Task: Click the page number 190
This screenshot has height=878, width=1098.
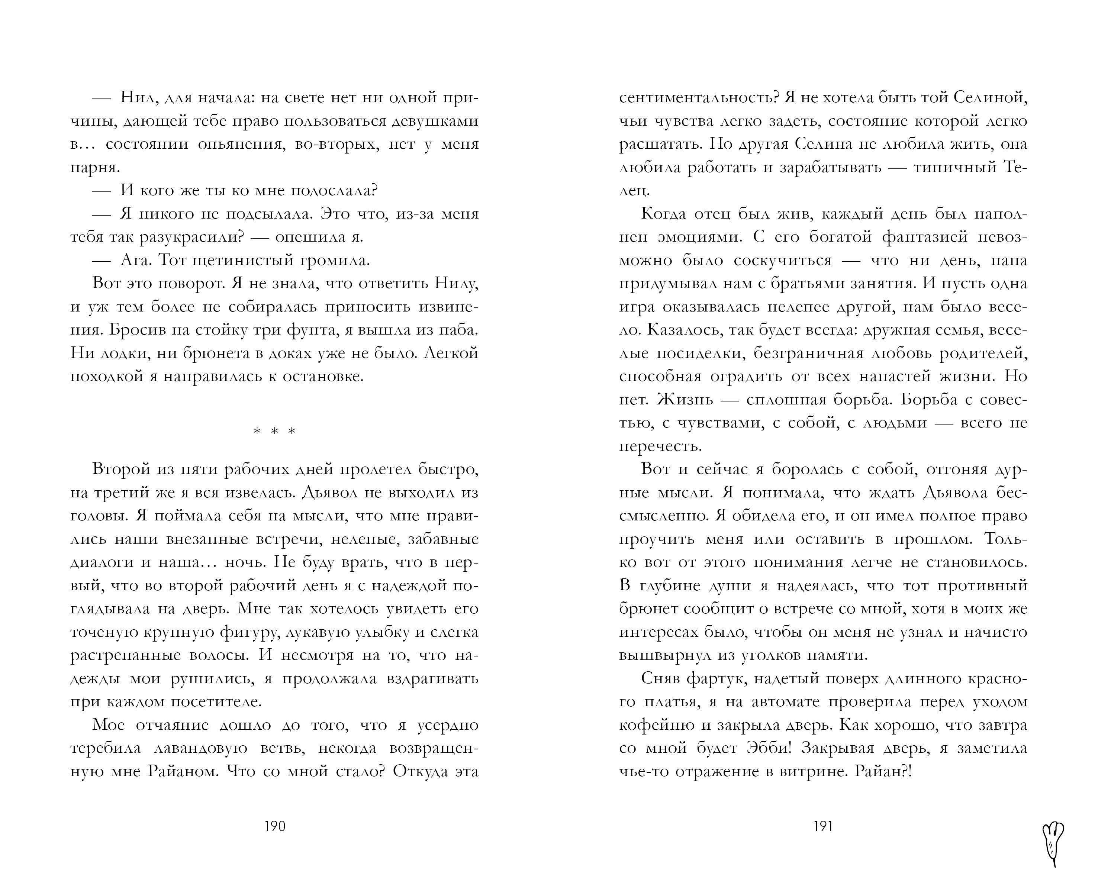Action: pyautogui.click(x=275, y=826)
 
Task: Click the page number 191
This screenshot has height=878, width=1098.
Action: pyautogui.click(x=823, y=826)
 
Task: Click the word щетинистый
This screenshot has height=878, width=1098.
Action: pyautogui.click(x=238, y=260)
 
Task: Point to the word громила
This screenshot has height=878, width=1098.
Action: pyautogui.click(x=334, y=260)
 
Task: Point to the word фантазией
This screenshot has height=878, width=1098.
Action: pyautogui.click(x=924, y=237)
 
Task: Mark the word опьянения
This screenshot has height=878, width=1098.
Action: pyautogui.click(x=247, y=144)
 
